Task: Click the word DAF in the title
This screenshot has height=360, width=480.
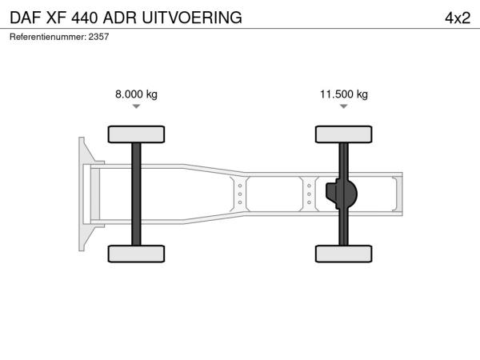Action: pyautogui.click(x=26, y=18)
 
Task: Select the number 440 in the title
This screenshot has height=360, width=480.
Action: pyautogui.click(x=85, y=18)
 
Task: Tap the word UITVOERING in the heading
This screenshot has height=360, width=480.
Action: pyautogui.click(x=192, y=18)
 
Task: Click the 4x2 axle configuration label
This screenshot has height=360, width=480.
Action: pyautogui.click(x=458, y=18)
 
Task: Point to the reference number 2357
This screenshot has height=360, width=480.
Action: pyautogui.click(x=98, y=37)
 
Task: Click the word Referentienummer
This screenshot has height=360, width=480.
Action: pyautogui.click(x=47, y=37)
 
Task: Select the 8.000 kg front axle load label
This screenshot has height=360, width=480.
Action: pyautogui.click(x=136, y=94)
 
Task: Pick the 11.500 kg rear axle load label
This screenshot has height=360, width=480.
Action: pyautogui.click(x=344, y=94)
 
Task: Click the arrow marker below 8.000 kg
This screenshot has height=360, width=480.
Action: pyautogui.click(x=136, y=106)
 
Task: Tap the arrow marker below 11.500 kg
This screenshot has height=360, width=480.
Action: pyautogui.click(x=344, y=106)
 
